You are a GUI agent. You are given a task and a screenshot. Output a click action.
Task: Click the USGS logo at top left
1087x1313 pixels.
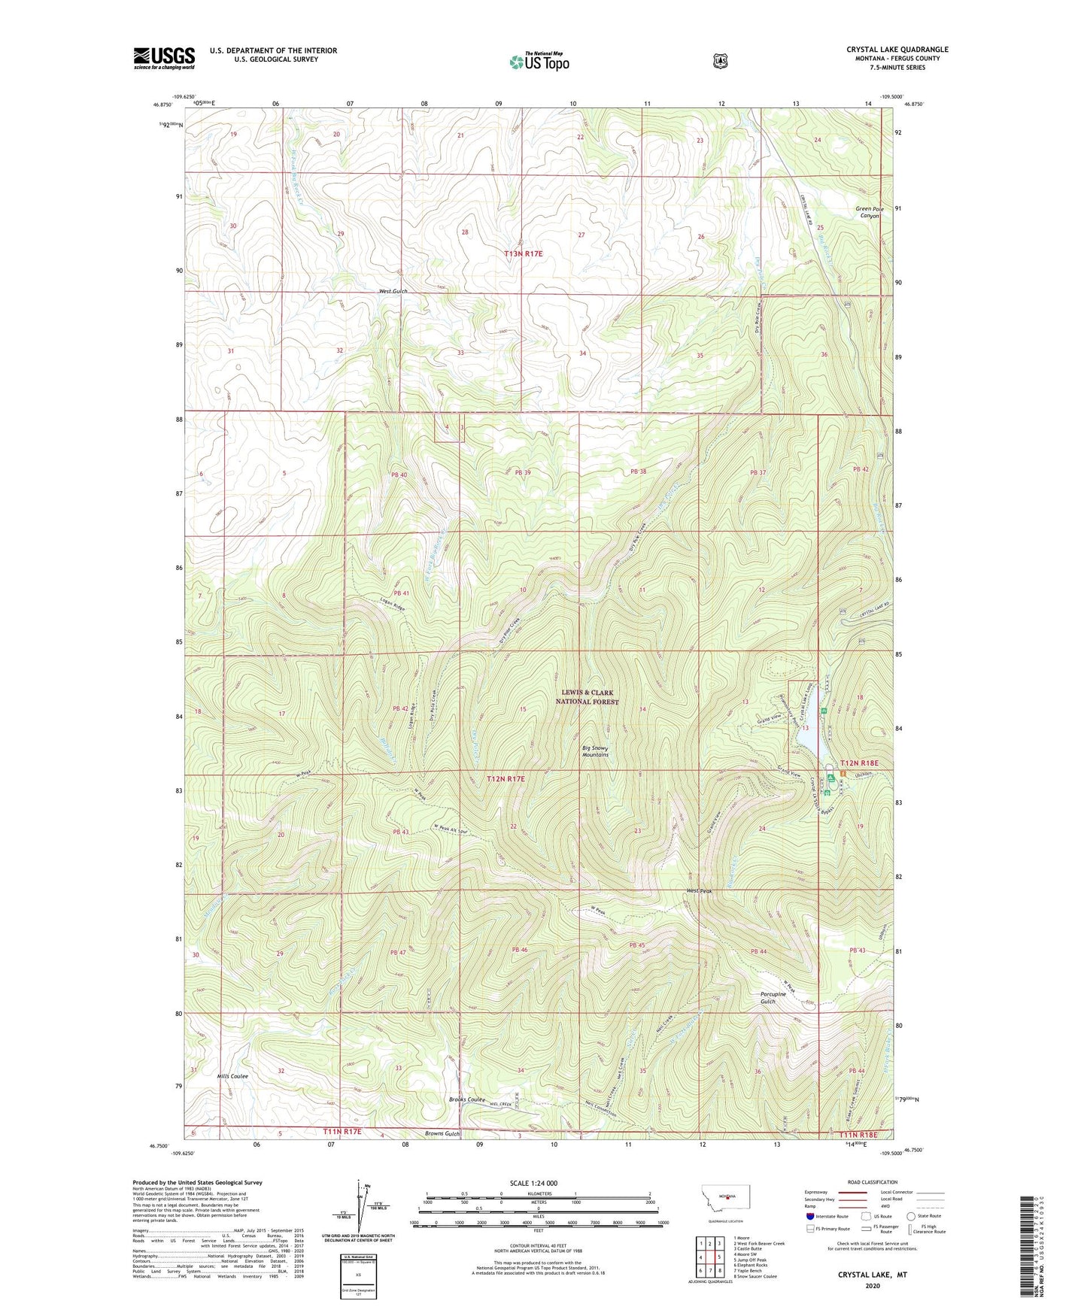point(164,58)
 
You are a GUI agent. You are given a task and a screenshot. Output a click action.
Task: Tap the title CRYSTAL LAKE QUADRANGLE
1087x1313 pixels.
point(897,50)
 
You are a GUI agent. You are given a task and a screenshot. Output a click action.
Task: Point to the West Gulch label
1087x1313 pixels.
point(393,291)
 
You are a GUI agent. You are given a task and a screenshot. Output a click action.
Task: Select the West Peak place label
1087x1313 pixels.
point(699,892)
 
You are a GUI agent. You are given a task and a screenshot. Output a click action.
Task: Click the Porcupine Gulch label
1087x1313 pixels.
point(773,997)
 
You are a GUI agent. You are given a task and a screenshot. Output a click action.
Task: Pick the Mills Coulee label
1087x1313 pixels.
point(232,1076)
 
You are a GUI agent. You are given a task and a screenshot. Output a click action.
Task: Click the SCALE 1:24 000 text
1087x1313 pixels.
point(533,1183)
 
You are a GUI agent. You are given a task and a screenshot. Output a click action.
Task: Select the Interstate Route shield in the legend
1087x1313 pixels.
point(809,1215)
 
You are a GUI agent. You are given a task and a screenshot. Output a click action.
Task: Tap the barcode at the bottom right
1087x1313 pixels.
point(1028,1255)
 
